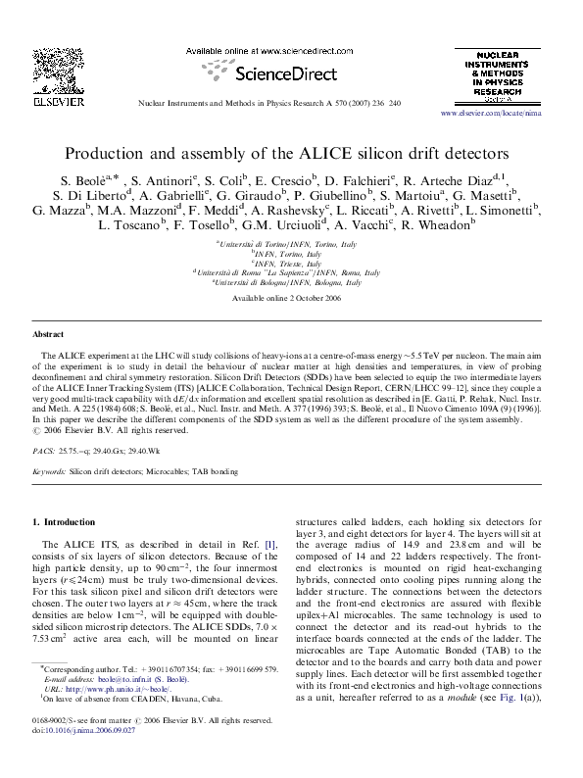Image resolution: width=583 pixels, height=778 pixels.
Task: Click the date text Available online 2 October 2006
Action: tap(291, 298)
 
